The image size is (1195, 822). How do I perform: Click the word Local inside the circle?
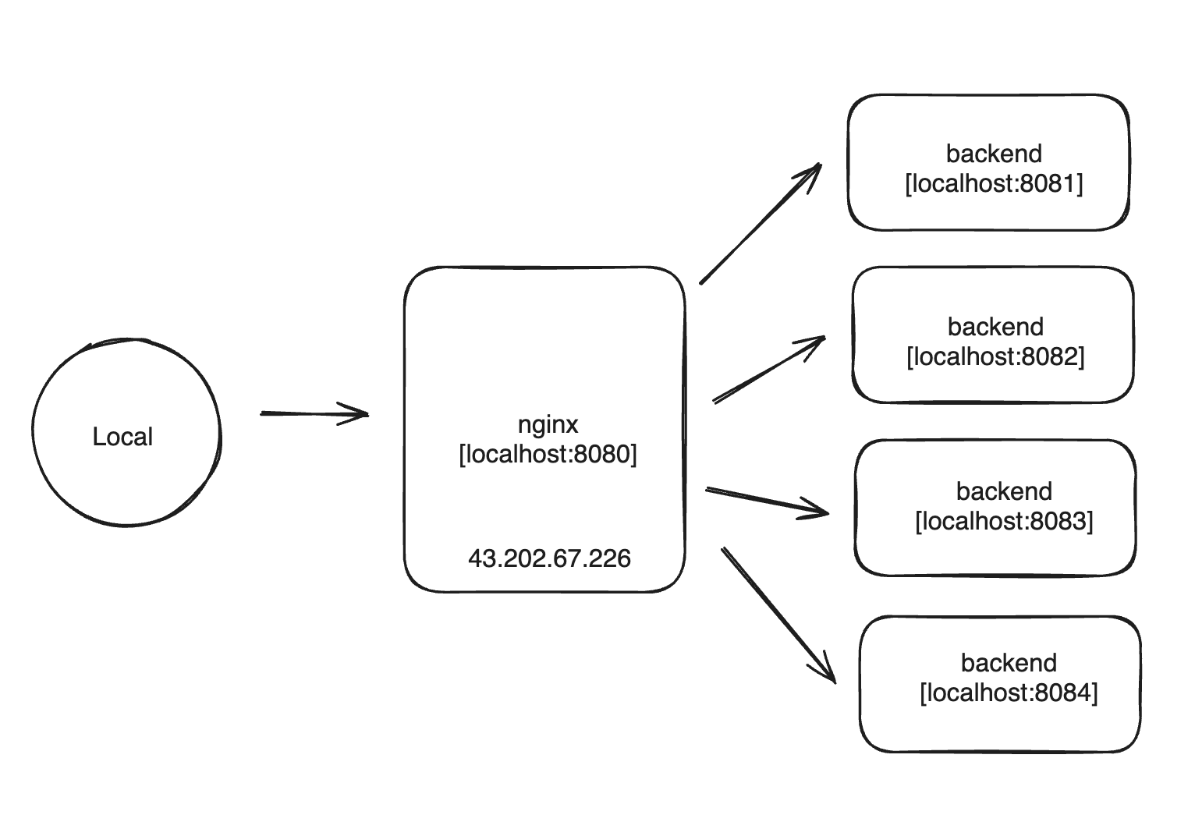[122, 437]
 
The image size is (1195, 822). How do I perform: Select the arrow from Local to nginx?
[312, 413]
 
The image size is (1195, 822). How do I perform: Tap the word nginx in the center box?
[548, 424]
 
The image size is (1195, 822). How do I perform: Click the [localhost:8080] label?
[548, 454]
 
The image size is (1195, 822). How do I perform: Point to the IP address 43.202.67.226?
[549, 558]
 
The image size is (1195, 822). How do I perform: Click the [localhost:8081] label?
[994, 184]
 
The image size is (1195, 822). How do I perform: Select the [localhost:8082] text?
[995, 356]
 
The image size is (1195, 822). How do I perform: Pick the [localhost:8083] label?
[1004, 521]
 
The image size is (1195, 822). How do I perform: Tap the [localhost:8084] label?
[1009, 693]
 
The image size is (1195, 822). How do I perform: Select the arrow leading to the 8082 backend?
[768, 370]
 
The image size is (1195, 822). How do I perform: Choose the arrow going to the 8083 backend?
[764, 501]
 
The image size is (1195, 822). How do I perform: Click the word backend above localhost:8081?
[994, 154]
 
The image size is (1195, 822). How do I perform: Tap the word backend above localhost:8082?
[995, 327]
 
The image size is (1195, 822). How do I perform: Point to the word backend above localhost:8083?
[1004, 491]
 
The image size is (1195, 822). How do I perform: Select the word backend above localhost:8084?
[1009, 663]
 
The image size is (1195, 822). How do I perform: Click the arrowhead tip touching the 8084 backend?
[833, 680]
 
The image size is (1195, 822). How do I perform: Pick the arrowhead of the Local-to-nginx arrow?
[363, 414]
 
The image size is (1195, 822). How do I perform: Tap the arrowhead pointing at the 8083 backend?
[825, 513]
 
